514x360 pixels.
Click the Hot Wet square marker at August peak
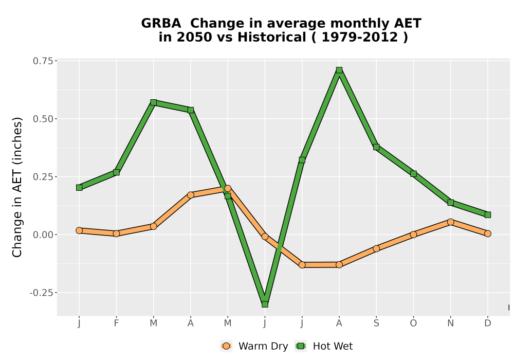339,70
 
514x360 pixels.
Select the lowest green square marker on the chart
265,304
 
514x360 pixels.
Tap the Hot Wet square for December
488,215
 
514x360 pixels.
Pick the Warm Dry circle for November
451,222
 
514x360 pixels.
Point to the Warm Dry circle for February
116,233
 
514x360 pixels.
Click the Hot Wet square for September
376,147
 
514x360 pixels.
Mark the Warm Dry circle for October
413,235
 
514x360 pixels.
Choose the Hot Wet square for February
116,172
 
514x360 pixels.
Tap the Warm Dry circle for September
376,248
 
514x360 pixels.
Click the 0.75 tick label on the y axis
43,61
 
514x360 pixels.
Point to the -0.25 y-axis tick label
41,293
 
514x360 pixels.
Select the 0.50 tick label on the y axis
43,119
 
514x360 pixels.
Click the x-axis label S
376,323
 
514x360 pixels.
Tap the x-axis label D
488,323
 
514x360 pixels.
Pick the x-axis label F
116,323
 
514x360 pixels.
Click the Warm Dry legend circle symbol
226,346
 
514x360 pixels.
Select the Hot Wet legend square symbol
301,346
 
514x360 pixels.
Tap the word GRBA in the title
161,24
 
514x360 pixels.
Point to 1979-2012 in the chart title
360,37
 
